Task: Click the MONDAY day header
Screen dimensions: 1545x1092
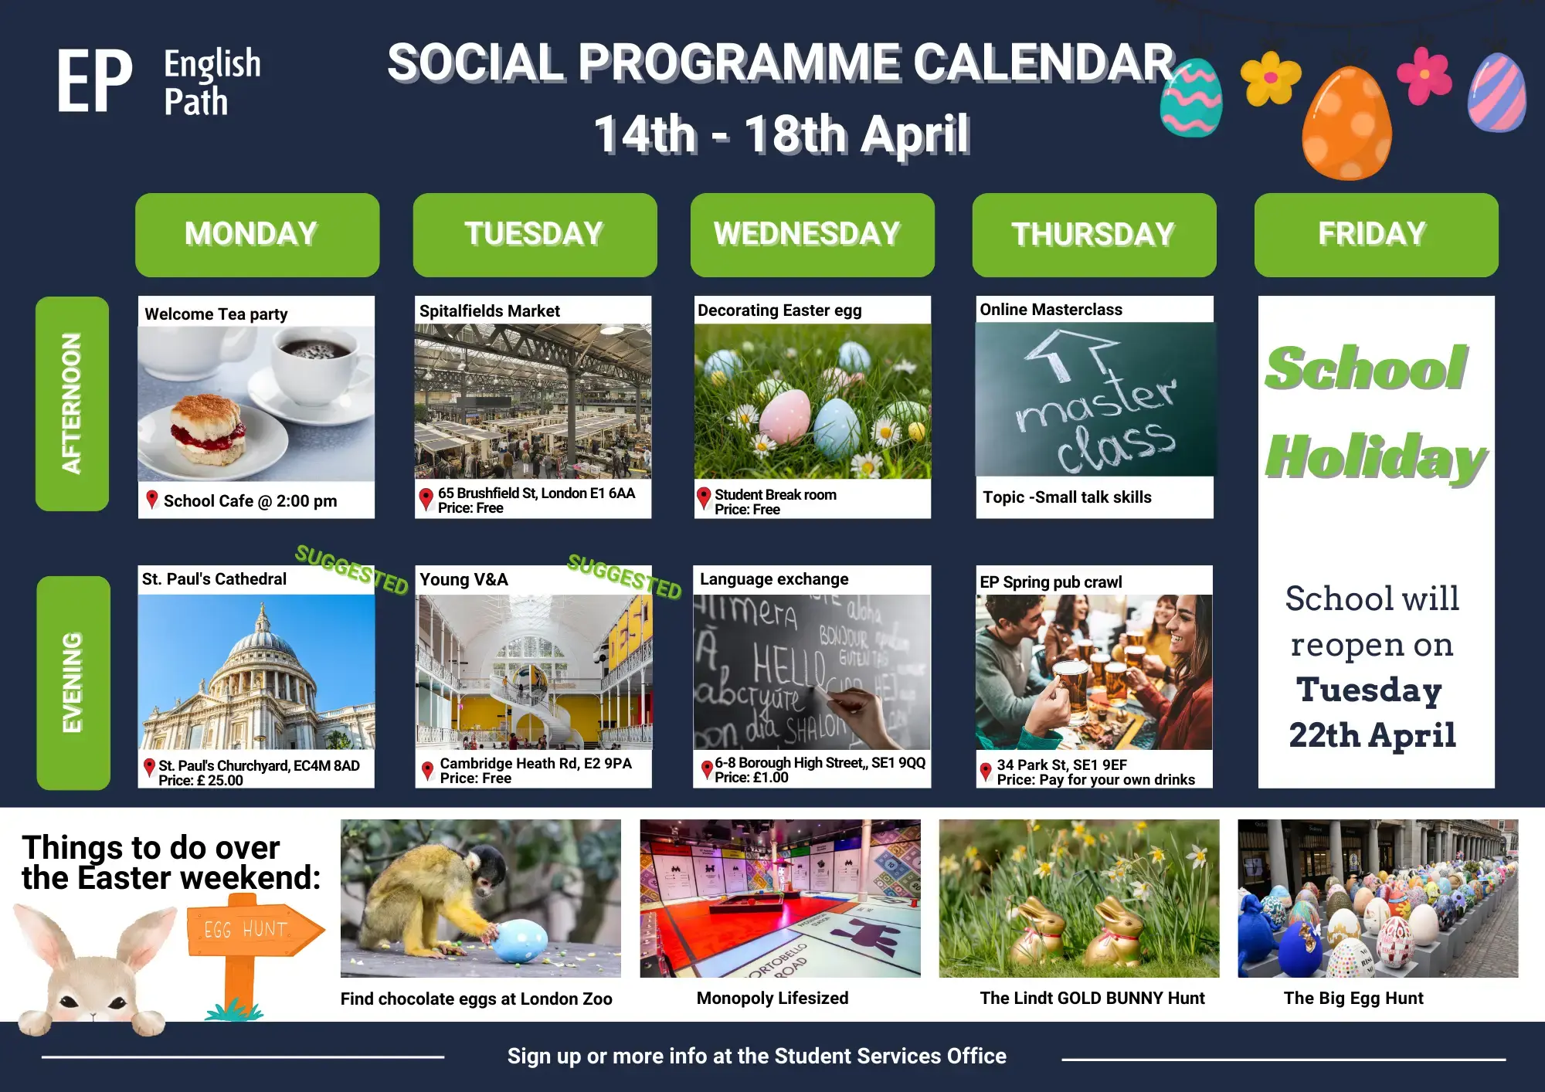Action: [257, 235]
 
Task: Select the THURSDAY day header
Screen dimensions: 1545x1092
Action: [1094, 235]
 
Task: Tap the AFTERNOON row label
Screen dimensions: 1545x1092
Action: [72, 403]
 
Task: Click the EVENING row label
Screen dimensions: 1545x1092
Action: [73, 683]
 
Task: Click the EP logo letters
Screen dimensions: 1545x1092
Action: [94, 82]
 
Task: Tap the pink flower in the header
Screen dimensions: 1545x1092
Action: [1424, 76]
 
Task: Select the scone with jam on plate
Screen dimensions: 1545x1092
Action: [207, 429]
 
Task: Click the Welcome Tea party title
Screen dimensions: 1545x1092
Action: [216, 314]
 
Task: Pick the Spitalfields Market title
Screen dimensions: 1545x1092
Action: [490, 311]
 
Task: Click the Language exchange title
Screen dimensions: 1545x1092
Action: [774, 579]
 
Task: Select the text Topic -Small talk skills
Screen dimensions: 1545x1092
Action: [1067, 497]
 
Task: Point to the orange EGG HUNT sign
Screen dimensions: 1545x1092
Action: [255, 930]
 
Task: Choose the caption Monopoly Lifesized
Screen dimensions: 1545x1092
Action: [772, 999]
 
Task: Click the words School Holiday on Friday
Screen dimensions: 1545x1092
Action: [1375, 413]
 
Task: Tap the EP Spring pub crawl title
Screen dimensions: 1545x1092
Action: [1051, 582]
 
